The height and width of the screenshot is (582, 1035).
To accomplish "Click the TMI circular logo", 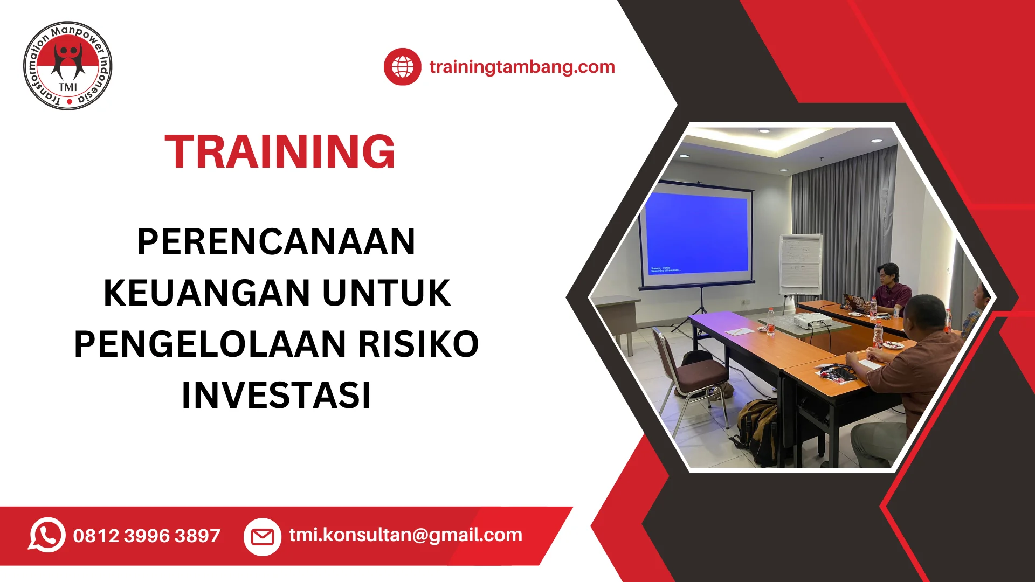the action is click(68, 66).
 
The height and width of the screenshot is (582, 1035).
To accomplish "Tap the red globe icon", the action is click(402, 67).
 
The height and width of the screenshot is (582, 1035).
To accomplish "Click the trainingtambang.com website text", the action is click(522, 67).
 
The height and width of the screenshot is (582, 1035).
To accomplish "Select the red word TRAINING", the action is click(280, 151).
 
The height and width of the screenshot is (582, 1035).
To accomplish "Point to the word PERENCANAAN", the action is click(276, 241).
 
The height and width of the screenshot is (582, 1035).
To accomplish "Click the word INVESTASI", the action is click(276, 395).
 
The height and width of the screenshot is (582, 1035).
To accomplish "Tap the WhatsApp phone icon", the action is click(47, 535).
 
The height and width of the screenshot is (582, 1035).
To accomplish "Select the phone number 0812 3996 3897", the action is click(147, 536).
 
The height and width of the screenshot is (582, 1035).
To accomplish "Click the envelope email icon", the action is click(263, 537).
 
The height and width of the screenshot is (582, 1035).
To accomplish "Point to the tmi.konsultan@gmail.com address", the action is click(405, 535).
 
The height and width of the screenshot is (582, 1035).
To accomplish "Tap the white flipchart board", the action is click(801, 264).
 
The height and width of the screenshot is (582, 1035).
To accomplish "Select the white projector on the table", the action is click(813, 321).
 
